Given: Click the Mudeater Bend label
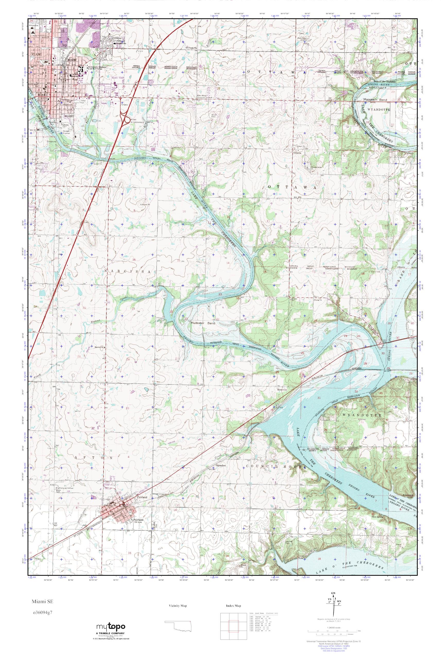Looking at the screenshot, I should (x=203, y=323).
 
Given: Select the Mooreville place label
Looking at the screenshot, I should (x=283, y=390).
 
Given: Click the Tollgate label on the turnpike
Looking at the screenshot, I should (x=124, y=104).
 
